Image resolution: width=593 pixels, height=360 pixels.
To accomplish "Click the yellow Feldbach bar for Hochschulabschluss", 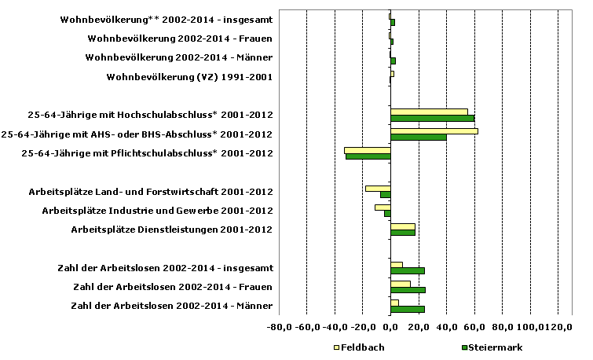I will pos(429,112).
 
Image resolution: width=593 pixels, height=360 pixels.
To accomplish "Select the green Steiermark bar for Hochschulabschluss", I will pos(432,119).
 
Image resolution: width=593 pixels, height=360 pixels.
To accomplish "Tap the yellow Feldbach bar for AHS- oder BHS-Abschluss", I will pos(434,130).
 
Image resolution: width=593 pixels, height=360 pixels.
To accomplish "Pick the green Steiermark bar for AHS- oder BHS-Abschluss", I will pos(418,138).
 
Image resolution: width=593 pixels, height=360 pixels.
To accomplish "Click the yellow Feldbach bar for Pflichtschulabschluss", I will pos(367,149).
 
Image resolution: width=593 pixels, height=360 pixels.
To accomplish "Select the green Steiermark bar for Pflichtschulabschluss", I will pos(368,156).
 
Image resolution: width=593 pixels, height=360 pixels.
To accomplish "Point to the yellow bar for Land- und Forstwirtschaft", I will pos(378,188).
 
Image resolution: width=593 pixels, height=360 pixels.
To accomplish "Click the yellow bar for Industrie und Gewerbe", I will pos(383,207).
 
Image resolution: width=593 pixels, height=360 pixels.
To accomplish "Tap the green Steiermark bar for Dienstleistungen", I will pos(402,233).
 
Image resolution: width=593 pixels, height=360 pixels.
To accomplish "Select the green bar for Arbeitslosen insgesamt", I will pos(407,271).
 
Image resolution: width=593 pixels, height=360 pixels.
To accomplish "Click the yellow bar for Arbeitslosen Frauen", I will pos(400,283).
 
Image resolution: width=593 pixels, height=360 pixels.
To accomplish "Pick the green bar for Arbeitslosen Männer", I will pos(407,309).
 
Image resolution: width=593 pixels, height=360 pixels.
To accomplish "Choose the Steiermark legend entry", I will pos(491,347).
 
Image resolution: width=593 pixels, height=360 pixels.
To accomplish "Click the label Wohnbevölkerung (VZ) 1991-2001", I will pos(189,77).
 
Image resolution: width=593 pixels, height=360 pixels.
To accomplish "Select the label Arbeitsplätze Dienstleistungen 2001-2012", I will pos(172,230).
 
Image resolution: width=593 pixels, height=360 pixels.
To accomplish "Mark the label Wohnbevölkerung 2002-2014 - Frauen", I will pos(180,39).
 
